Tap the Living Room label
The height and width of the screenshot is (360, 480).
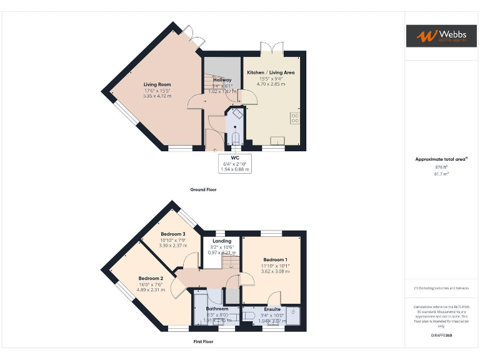(157, 84)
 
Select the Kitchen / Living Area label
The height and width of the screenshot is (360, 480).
(271, 72)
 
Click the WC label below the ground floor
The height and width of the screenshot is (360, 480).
(235, 157)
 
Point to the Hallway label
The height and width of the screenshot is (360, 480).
(222, 80)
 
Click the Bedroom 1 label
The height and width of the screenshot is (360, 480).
(275, 259)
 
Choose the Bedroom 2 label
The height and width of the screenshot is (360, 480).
(151, 278)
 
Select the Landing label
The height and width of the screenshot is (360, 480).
(222, 241)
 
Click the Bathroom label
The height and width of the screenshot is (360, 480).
(217, 309)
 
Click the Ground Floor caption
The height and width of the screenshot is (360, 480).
(203, 189)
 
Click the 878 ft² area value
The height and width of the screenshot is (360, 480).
(441, 167)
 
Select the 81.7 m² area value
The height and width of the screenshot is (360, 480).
(441, 174)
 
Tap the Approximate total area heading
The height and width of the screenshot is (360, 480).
(440, 159)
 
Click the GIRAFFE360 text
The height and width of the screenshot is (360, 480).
(441, 336)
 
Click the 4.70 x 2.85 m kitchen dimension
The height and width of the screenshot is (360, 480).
(271, 84)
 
